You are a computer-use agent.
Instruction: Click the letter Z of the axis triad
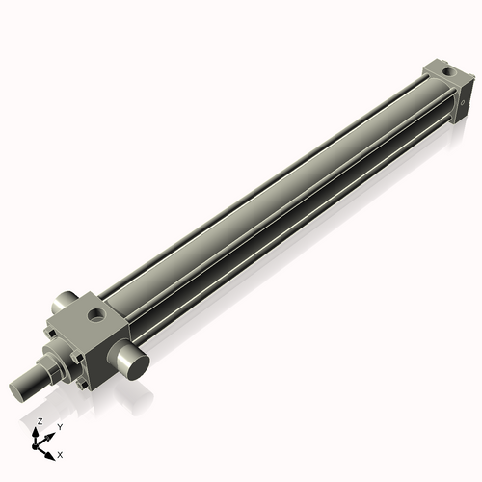(39, 422)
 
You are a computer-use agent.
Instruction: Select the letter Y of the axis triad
(60, 425)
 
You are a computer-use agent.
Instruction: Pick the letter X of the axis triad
(61, 453)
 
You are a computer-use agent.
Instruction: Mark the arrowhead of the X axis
(50, 451)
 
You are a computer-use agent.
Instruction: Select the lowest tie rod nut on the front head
(89, 385)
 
